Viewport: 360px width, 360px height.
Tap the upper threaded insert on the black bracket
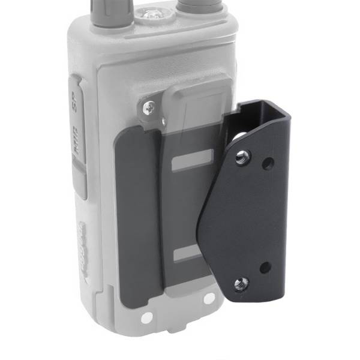[x=242, y=158]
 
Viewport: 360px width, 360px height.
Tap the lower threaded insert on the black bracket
[x=242, y=281]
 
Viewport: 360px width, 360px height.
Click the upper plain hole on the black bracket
[x=268, y=163]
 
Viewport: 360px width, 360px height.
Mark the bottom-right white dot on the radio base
[x=208, y=298]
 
